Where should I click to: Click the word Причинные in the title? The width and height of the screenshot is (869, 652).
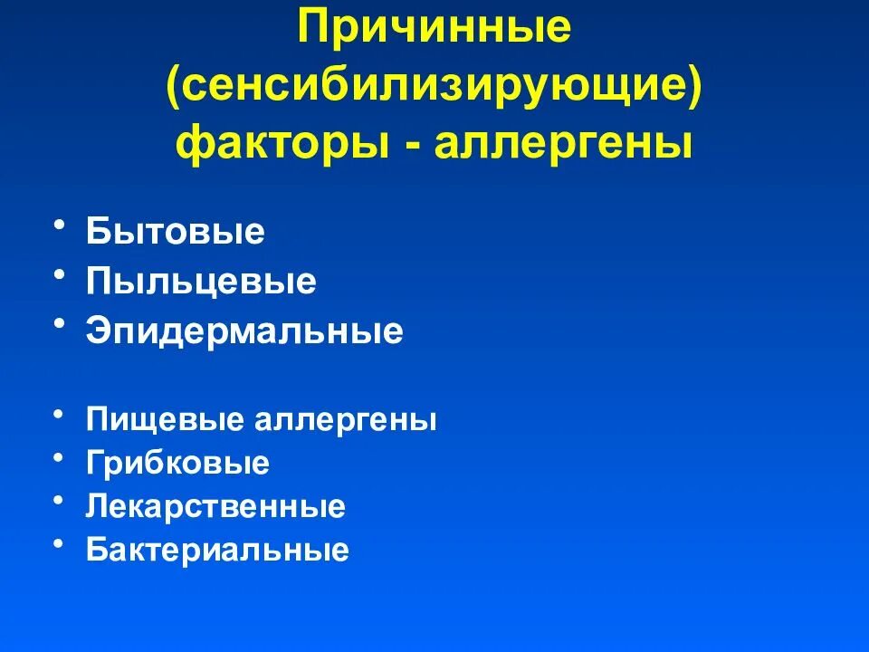tap(434, 30)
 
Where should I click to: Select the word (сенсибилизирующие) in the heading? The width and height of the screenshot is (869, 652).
tap(434, 87)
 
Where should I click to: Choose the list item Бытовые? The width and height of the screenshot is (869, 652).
tap(176, 232)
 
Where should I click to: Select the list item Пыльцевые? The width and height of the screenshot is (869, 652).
tap(202, 282)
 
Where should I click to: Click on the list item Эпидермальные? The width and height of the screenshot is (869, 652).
tap(244, 331)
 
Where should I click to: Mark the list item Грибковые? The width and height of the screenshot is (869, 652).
tap(178, 464)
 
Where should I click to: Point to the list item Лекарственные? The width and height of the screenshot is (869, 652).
tap(215, 506)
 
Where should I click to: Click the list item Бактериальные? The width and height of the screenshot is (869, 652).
tap(217, 550)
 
